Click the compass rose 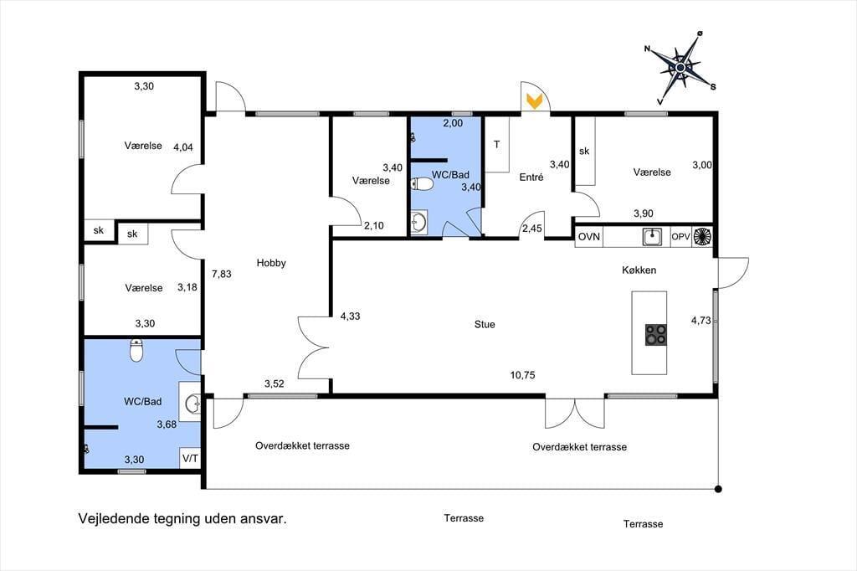tap(680, 67)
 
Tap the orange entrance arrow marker tap(534, 100)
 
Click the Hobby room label tap(271, 263)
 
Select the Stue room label tap(485, 324)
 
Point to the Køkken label tap(639, 270)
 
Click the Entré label tap(531, 177)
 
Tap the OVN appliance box tap(589, 237)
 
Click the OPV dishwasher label tap(680, 237)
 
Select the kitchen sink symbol tap(652, 237)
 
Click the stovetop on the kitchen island tap(656, 335)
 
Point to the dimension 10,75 tap(522, 375)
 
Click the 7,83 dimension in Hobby tap(221, 274)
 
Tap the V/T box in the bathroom tap(190, 458)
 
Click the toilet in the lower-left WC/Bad tap(136, 350)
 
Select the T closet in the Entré tap(497, 144)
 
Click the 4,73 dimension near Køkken tap(700, 321)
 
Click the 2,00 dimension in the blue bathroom tap(453, 124)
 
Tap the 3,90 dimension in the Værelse tap(644, 213)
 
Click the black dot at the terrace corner tap(718, 489)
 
